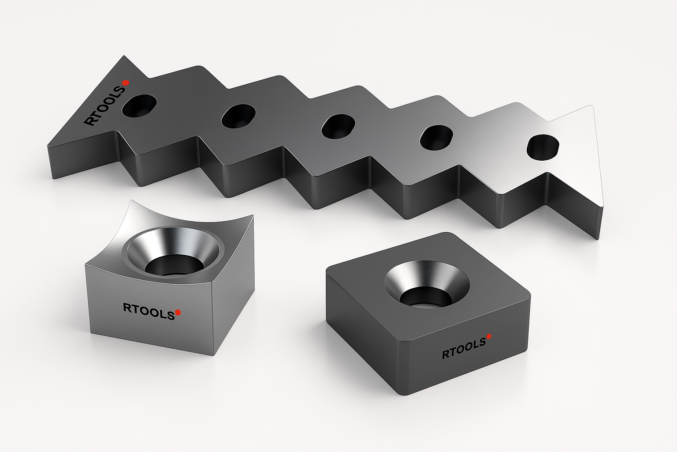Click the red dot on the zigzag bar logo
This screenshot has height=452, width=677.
coord(127,83)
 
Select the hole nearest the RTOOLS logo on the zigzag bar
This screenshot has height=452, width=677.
coord(139,105)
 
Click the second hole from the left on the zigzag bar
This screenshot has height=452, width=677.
coord(238,116)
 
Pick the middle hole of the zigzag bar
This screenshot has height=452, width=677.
coord(338,127)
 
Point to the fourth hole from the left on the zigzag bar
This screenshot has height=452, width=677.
coord(437,138)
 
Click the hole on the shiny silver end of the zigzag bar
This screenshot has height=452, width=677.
coord(543,147)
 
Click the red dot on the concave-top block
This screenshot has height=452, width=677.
coord(178,312)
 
